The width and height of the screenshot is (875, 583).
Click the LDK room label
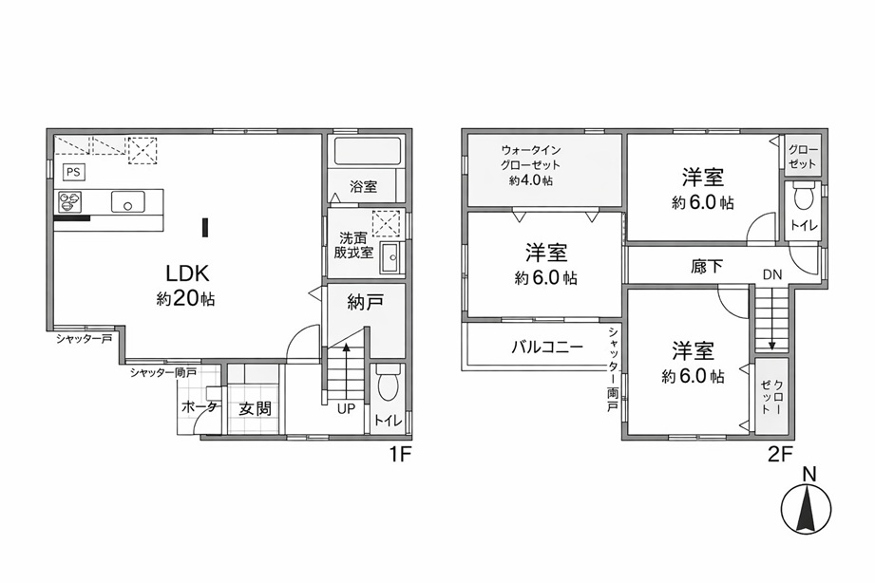point(187,273)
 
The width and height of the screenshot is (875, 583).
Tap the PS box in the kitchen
point(73,172)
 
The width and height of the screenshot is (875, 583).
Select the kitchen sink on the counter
point(128,201)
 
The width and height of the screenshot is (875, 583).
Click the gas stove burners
point(69,201)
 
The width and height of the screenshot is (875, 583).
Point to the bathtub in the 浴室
point(368,151)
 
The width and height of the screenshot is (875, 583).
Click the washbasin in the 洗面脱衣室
point(391,257)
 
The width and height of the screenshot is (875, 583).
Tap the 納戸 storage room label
point(365,303)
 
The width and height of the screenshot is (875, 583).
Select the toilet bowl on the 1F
point(388,385)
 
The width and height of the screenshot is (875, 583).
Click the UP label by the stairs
point(346,409)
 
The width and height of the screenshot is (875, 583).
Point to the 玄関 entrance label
point(255,409)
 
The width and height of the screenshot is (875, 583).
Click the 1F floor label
point(400,455)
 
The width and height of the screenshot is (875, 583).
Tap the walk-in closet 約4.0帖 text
point(531,180)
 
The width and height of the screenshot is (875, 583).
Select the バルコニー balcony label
point(547,348)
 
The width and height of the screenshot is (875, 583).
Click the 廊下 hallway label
point(707,267)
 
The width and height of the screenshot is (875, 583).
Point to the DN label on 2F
point(773,274)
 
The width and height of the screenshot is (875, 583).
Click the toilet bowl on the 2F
point(803,197)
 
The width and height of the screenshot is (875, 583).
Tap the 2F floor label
point(781,455)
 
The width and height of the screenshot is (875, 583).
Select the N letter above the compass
point(809,475)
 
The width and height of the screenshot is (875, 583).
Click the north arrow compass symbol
point(807,508)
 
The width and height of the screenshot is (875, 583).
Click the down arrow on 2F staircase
point(771,318)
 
